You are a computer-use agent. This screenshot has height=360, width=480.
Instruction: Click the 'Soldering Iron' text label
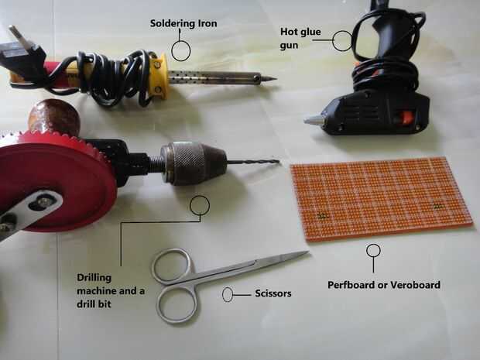click(183, 23)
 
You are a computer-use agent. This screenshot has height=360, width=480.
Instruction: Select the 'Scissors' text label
click(273, 293)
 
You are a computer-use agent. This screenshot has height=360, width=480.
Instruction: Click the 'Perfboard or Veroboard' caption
click(384, 285)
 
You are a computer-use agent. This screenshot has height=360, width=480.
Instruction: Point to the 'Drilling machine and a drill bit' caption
click(111, 291)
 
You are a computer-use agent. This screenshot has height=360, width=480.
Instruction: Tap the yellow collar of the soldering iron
click(159, 76)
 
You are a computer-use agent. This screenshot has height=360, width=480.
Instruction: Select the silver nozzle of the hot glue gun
click(313, 119)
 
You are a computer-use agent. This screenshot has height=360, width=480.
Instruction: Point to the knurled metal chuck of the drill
click(193, 163)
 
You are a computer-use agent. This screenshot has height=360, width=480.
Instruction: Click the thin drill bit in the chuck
click(253, 163)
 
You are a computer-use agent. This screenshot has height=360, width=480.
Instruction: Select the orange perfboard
click(382, 198)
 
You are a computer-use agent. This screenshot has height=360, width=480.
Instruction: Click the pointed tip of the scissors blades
click(307, 252)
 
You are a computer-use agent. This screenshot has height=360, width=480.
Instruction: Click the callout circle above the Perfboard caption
click(373, 250)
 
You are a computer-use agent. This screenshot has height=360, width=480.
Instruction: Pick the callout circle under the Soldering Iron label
click(181, 51)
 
